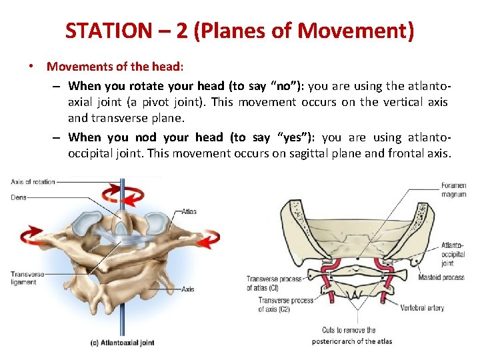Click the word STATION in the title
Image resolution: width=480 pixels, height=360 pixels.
point(109,31)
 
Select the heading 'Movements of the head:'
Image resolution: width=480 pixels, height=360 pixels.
point(115,67)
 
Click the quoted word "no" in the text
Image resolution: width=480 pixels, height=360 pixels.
point(285,86)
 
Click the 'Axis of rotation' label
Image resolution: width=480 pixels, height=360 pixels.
point(33,182)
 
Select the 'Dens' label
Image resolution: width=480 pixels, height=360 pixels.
point(19,197)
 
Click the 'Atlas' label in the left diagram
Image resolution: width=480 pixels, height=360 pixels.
point(189,211)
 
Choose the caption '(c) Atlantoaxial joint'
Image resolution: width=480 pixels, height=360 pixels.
point(123,343)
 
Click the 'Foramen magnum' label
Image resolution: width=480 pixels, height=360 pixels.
point(454,190)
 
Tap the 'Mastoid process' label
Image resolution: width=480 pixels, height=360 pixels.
point(441,277)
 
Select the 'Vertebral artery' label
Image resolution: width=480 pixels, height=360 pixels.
point(422,307)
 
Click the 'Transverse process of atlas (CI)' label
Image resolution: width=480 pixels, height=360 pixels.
point(274,283)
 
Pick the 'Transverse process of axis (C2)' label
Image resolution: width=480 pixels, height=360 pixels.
point(286,305)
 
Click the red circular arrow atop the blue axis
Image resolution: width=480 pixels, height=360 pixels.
point(123,195)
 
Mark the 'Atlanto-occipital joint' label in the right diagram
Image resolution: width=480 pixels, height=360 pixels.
point(453,254)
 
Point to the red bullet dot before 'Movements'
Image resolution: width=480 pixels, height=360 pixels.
point(31,65)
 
